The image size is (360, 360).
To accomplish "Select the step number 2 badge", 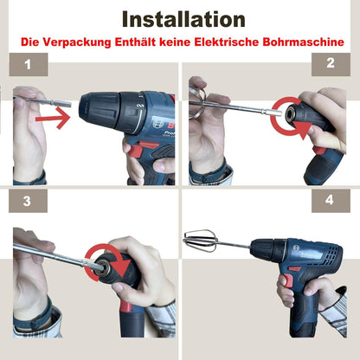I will (330, 63).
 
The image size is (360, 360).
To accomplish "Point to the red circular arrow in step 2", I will (287, 121).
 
